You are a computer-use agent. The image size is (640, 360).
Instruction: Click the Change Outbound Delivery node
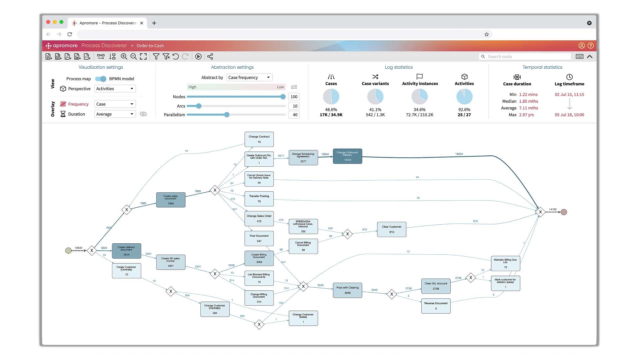pos(347,156)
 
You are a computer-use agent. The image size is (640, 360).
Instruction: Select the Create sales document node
pos(171,200)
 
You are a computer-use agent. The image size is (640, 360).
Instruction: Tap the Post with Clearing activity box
pos(347,290)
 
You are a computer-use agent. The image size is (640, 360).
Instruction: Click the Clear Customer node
pos(392,229)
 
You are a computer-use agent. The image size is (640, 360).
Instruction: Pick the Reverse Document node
pos(436,306)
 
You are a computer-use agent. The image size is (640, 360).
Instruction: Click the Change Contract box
pos(259,139)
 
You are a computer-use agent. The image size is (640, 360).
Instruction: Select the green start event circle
pos(68,250)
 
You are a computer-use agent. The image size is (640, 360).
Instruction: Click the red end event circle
pos(564,212)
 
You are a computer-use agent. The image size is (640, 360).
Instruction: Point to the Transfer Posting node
pos(259,199)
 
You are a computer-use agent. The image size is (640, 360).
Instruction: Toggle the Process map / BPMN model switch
pos(100,79)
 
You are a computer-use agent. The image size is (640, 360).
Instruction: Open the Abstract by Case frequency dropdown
pos(249,77)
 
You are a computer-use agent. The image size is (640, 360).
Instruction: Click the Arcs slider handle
pos(199,106)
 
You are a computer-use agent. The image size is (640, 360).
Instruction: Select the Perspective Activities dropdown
pos(115,89)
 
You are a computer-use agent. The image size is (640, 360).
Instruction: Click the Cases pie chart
pos(331,97)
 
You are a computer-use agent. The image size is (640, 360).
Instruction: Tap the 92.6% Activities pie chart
pos(464,97)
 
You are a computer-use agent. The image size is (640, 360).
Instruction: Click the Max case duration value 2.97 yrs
pos(526,115)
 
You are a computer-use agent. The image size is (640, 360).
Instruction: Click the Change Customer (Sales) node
pos(303,318)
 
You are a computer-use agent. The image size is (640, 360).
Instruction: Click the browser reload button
pos(70,34)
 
